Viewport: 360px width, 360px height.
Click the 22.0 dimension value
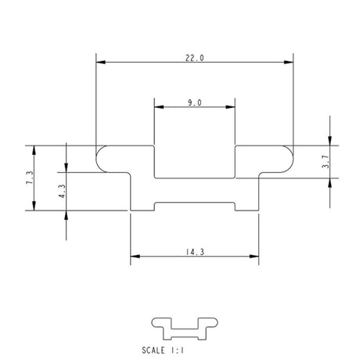194,57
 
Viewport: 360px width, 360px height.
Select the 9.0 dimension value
195,103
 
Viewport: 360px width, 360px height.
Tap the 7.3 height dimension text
30,178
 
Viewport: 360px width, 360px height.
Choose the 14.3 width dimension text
194,252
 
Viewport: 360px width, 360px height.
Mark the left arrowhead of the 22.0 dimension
99,62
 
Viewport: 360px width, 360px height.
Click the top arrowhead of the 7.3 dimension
34,149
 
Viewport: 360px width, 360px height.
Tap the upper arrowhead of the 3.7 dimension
329,141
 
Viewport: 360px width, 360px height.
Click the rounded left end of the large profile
101,159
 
